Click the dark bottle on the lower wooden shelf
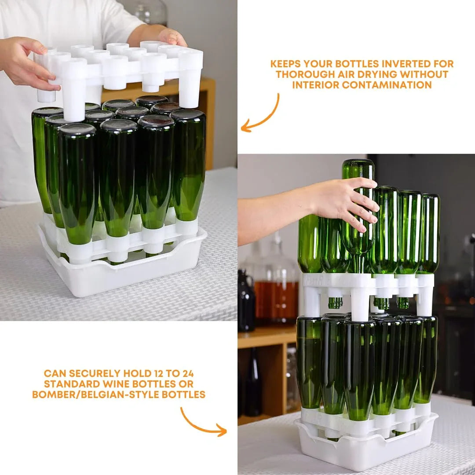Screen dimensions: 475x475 253,387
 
